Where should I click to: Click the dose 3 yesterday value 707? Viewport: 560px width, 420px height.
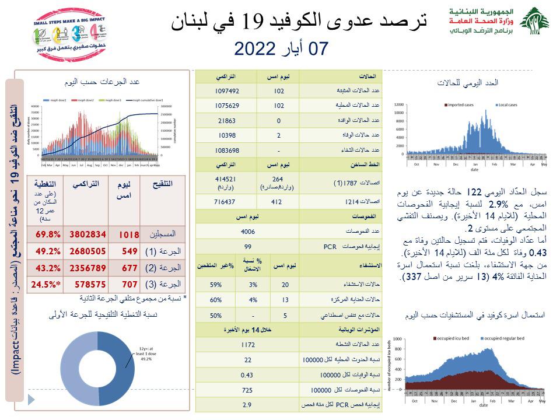[x=128, y=284]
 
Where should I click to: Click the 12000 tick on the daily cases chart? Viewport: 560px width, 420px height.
[x=399, y=104]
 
